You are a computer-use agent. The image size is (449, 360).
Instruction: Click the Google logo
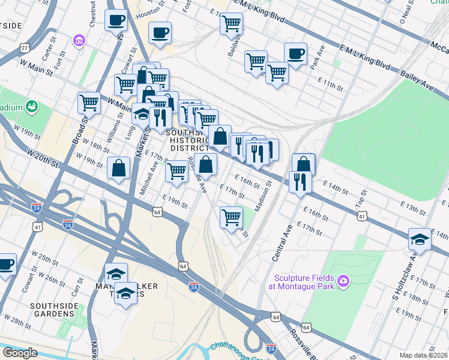(x=20, y=353)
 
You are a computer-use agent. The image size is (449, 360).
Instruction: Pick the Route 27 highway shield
(x=24, y=47)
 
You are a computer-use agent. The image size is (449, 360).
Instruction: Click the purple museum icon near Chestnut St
(x=79, y=41)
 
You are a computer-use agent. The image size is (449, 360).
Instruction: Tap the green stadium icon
(x=32, y=107)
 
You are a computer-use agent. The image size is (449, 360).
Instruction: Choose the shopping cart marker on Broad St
(x=89, y=103)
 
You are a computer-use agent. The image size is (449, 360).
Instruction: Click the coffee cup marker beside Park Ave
(x=295, y=53)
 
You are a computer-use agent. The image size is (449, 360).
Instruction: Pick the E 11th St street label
(x=330, y=85)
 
